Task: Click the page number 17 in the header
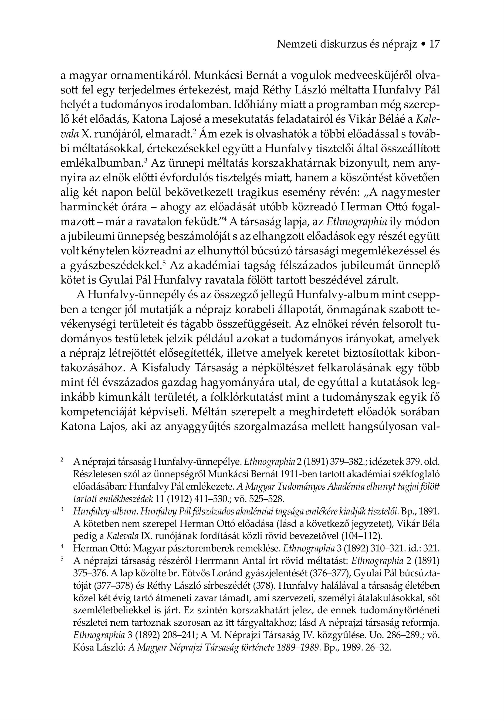point(434,44)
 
